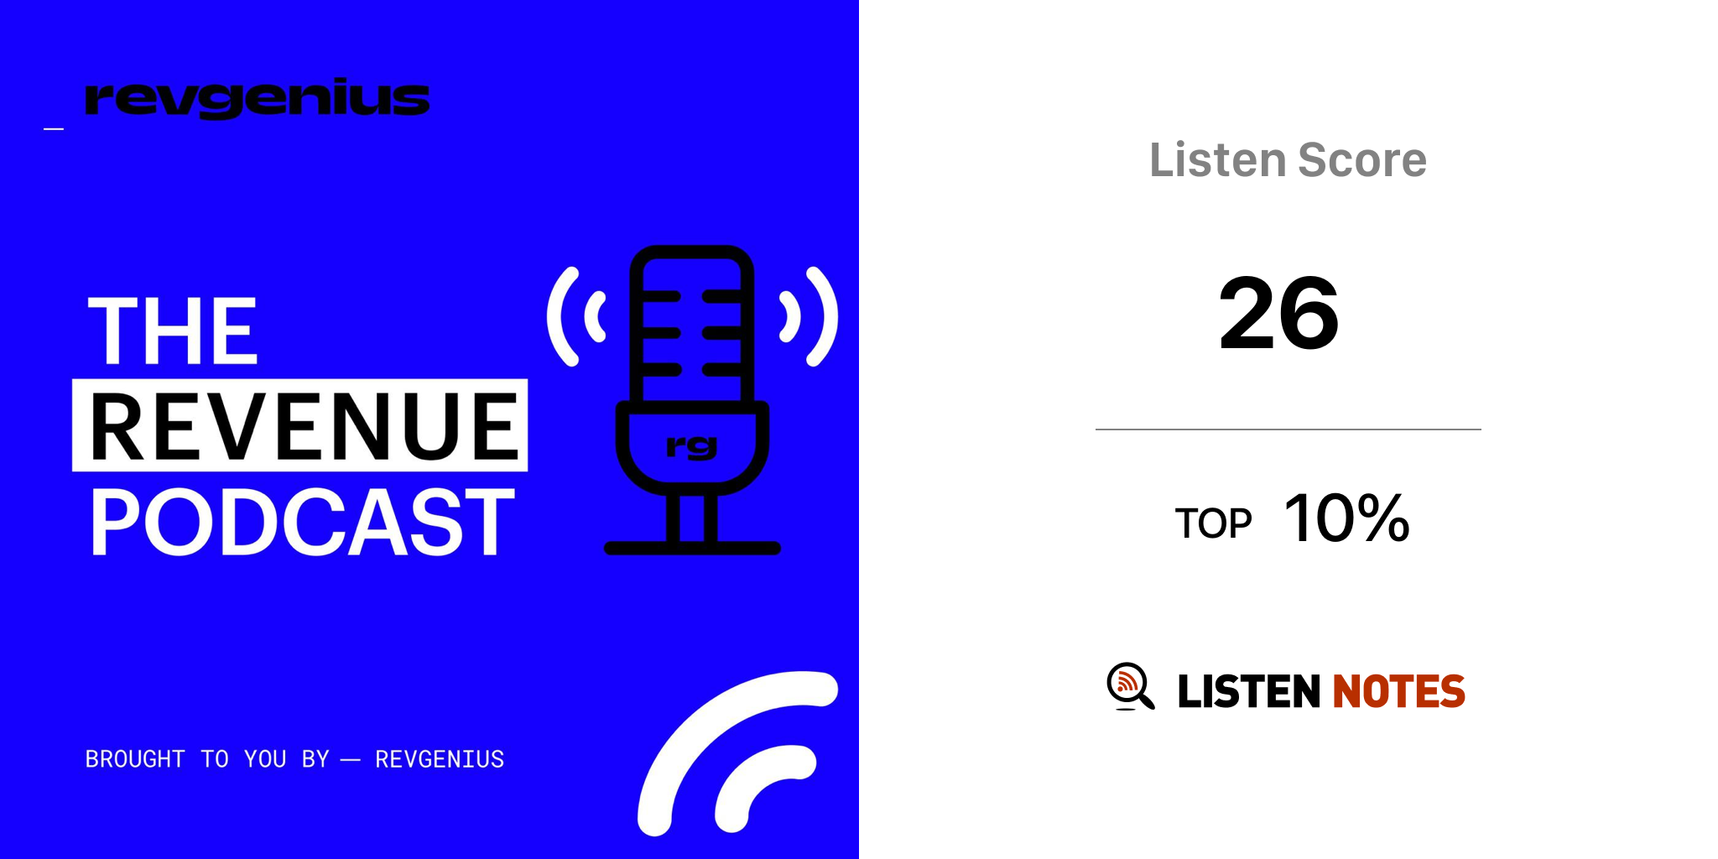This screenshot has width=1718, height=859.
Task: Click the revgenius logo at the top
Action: point(257,99)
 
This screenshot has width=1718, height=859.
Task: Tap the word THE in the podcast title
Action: point(173,331)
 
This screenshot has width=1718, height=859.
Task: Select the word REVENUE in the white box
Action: point(304,426)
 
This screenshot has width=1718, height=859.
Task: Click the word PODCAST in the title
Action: point(302,522)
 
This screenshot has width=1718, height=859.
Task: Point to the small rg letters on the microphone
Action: point(692,446)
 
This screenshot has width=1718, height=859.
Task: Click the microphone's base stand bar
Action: point(692,548)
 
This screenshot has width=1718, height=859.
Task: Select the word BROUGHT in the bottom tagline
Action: point(135,759)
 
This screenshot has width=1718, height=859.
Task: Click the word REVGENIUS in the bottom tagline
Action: point(440,759)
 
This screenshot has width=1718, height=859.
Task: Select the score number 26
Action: point(1279,314)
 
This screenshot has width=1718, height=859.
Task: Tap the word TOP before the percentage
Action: point(1213,523)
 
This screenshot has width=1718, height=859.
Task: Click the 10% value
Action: point(1346,518)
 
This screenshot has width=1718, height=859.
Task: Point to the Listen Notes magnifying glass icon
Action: point(1130,686)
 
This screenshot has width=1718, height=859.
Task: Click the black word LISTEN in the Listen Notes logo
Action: point(1248,691)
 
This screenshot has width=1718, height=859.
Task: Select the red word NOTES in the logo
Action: point(1399,691)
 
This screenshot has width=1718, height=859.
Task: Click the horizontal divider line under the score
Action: point(1288,429)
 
